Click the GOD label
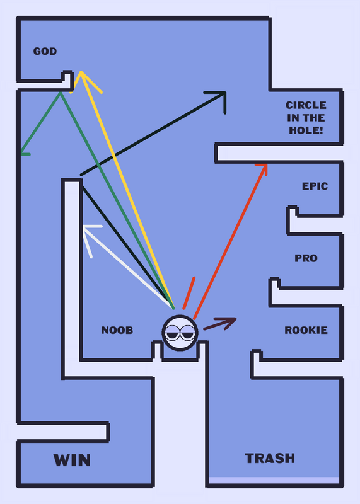click(x=45, y=51)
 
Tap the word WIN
click(x=72, y=460)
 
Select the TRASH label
click(x=270, y=458)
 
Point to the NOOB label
click(x=117, y=330)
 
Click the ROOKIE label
click(x=306, y=330)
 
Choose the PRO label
click(x=306, y=258)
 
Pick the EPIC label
click(x=315, y=186)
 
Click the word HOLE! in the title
click(x=306, y=130)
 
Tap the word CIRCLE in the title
click(x=306, y=105)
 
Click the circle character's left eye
click(x=173, y=333)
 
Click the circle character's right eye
click(x=187, y=333)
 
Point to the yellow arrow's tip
click(x=81, y=72)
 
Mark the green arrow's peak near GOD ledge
click(x=60, y=93)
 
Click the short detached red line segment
click(x=189, y=293)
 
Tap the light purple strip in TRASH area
click(x=274, y=480)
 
